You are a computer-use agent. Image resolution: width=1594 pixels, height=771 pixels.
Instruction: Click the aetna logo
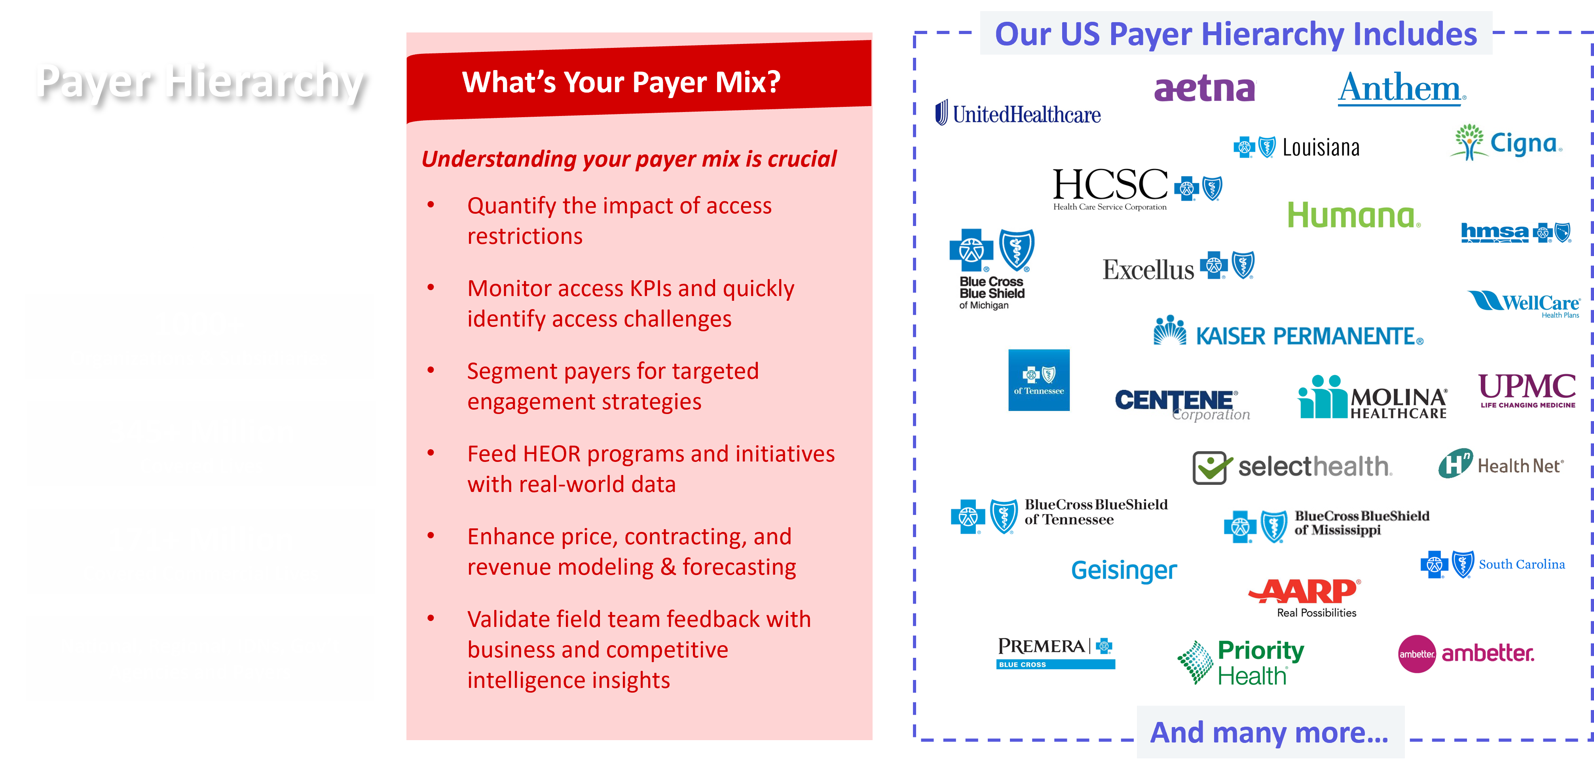[x=1205, y=89]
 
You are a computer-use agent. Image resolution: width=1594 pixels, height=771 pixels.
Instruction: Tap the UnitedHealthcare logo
[x=1017, y=113]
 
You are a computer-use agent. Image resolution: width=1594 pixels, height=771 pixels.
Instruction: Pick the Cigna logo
[x=1504, y=142]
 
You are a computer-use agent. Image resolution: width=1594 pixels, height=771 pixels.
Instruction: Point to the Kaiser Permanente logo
[x=1288, y=327]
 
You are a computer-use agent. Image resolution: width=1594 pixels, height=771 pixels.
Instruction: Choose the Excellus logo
[x=1178, y=266]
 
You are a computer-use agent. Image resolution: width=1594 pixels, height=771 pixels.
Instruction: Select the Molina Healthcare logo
[x=1371, y=398]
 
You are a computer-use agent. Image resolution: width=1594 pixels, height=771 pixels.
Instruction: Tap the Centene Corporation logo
[x=1182, y=405]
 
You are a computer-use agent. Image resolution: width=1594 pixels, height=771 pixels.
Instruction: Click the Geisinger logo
[x=1124, y=570]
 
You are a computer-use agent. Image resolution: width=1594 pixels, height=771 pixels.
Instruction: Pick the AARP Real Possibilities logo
[x=1304, y=598]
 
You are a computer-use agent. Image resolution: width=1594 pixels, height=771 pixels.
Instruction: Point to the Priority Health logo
[x=1240, y=662]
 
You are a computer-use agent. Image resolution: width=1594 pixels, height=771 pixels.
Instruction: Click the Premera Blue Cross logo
[x=1056, y=651]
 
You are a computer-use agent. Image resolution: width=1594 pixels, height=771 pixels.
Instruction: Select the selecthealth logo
[x=1292, y=467]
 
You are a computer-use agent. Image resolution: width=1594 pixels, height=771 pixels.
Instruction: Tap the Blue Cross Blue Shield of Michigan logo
[x=992, y=268]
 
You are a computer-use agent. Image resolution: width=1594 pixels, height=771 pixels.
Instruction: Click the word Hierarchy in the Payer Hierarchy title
[x=264, y=81]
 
